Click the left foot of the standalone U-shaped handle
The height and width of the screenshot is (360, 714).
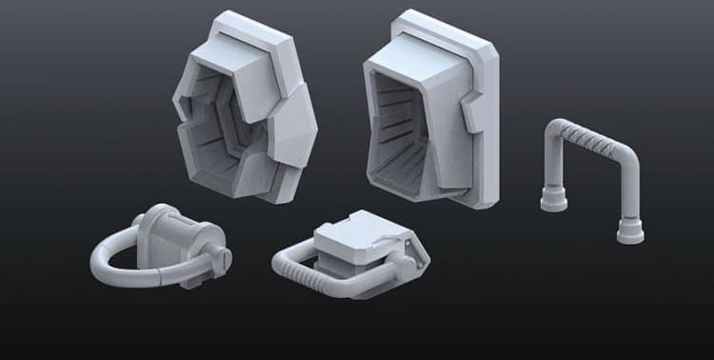[x=554, y=200]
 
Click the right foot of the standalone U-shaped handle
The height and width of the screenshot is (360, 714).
[x=629, y=230]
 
